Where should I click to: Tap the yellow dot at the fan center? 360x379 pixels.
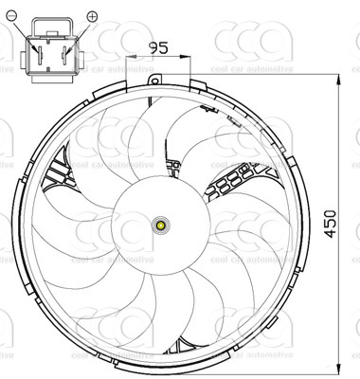(x=161, y=226)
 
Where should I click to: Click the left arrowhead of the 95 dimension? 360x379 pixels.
(x=137, y=57)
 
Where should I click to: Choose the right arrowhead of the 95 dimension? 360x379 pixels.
(x=189, y=57)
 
